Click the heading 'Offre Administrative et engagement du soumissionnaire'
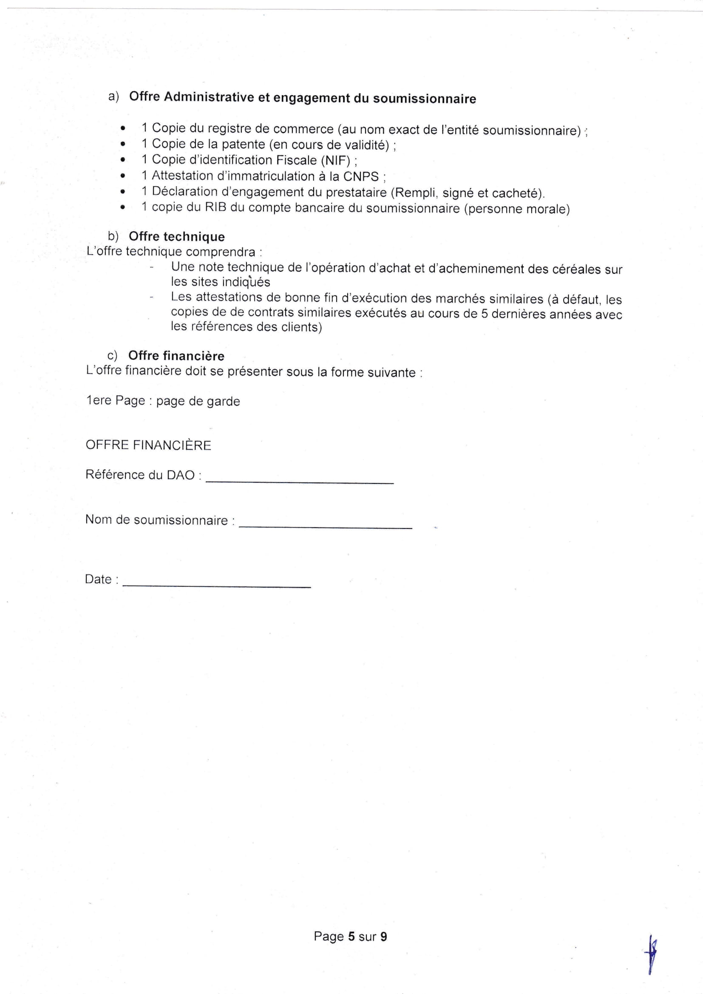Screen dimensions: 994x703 point(302,98)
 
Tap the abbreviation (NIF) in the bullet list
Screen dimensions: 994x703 point(335,161)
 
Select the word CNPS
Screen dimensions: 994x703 point(361,176)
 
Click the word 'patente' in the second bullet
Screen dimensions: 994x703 point(243,144)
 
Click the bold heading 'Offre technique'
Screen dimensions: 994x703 point(177,237)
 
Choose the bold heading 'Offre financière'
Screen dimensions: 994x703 point(176,356)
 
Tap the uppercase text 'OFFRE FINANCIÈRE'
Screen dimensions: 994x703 point(148,445)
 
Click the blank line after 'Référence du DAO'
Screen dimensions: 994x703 point(300,480)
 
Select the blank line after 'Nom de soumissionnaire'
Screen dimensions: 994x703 point(325,525)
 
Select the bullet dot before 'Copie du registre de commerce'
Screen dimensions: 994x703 point(123,128)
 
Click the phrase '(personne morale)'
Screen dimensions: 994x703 point(517,209)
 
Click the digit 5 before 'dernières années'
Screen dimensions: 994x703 point(485,313)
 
